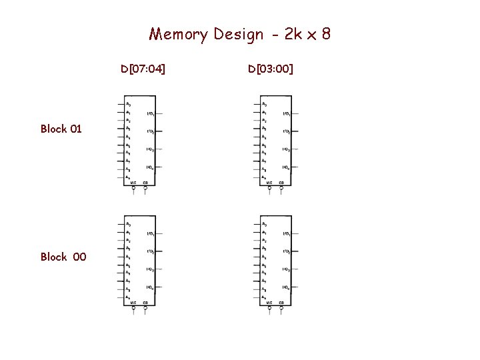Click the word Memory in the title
[x=179, y=34]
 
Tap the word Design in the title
[x=238, y=34]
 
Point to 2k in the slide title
[x=293, y=33]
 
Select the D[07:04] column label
[x=143, y=69]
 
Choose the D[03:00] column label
[x=271, y=69]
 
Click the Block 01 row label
[x=61, y=129]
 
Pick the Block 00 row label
[x=63, y=257]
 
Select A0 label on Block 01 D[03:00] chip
[x=265, y=104]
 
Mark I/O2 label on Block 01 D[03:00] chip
[x=286, y=132]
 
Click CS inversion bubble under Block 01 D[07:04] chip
[x=145, y=189]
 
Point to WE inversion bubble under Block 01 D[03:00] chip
[x=269, y=189]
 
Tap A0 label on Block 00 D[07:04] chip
[x=129, y=224]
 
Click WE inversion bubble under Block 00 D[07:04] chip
[x=133, y=309]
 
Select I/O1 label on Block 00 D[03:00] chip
[x=286, y=234]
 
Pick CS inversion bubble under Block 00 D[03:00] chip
[x=281, y=309]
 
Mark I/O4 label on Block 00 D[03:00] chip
[x=286, y=287]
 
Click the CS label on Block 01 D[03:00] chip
[x=281, y=183]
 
